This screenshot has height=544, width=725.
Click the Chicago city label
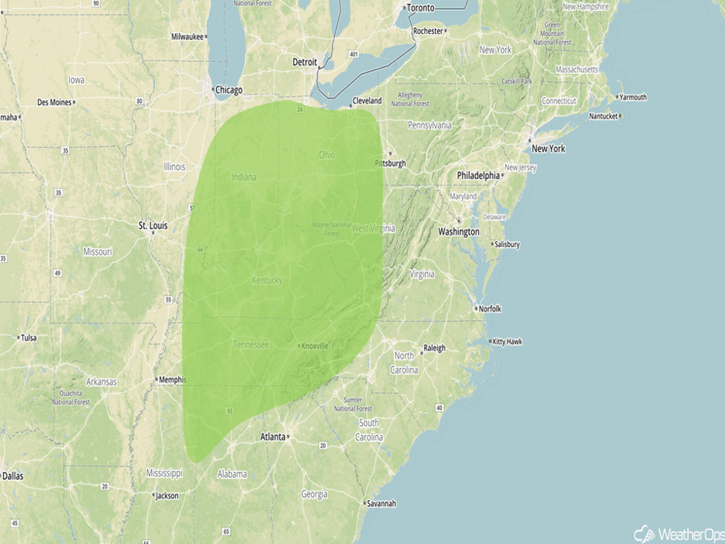pos(228,90)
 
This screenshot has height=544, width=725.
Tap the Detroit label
pos(305,62)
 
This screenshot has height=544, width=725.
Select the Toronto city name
pos(420,8)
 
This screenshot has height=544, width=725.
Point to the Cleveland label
pos(367,101)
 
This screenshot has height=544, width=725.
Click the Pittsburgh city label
pos(390,164)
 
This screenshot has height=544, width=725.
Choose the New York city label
pos(548,148)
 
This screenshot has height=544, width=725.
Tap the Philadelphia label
pos(478,176)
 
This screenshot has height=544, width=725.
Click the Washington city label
pos(459,231)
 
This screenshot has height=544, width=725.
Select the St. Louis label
pos(153,226)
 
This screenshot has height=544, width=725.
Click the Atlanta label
pos(272,437)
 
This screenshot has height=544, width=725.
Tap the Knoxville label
pos(315,346)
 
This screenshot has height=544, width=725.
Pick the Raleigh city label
pos(434,348)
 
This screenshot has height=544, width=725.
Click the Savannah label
pos(382,504)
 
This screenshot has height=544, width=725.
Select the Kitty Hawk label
pos(508,341)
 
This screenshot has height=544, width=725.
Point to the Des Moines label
pos(54,103)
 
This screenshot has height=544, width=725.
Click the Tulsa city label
pos(29,338)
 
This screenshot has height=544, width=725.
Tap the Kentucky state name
pos(267,280)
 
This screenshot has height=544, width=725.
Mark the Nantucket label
pos(604,117)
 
